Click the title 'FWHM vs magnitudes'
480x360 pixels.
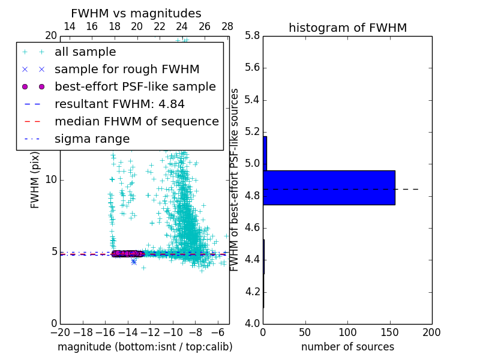tap(136, 13)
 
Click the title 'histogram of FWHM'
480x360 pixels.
tap(347, 28)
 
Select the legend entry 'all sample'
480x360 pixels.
tap(85, 52)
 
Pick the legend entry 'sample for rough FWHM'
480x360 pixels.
tap(127, 69)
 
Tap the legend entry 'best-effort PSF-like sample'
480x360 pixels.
tap(135, 86)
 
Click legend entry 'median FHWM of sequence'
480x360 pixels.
tap(136, 121)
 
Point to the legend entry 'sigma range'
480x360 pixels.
tap(92, 139)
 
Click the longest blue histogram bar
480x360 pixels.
tap(329, 187)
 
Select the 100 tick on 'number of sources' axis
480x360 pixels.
tap(347, 332)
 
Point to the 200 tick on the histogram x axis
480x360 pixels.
tap(432, 332)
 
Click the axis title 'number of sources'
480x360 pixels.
tap(347, 347)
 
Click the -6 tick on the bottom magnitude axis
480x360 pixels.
tap(218, 332)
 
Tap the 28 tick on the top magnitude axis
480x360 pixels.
tap(227, 26)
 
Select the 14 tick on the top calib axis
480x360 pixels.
tap(69, 26)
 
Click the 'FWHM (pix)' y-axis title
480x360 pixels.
tap(35, 179)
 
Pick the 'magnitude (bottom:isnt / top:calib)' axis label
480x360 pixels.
tap(145, 347)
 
